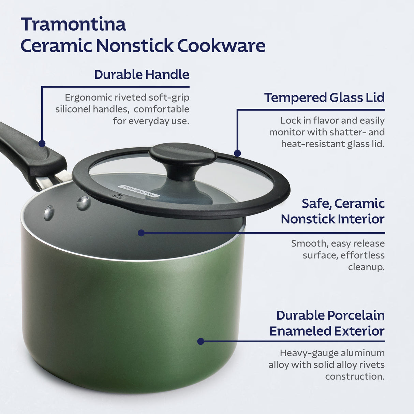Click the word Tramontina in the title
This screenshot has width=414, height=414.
point(73,24)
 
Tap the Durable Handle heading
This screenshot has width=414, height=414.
point(142,74)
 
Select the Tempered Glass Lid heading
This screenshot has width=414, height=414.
point(324,98)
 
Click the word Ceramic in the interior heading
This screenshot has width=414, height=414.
point(359,203)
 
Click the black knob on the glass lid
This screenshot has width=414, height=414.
point(182,159)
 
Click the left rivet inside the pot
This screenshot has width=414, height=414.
point(49,213)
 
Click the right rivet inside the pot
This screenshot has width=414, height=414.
point(84,203)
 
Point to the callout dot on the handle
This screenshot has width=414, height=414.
point(42,143)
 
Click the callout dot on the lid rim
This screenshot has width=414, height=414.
point(237,153)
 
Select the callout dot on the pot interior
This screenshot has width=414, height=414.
point(141,233)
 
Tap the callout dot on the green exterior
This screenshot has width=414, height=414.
point(201,341)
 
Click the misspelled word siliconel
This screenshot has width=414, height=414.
point(72,109)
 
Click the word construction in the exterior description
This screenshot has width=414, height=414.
point(355,376)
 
